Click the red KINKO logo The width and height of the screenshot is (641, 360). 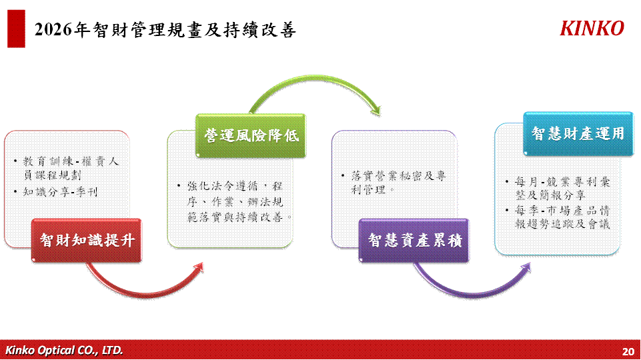(592, 29)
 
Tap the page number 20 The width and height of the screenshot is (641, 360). (628, 351)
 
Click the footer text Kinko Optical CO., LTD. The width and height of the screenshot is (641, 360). (64, 350)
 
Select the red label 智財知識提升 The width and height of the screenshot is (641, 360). (87, 240)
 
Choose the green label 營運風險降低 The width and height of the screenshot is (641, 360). (251, 135)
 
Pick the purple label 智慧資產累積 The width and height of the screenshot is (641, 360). (414, 240)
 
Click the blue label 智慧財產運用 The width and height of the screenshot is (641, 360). (578, 133)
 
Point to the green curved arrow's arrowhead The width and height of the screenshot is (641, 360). (377, 111)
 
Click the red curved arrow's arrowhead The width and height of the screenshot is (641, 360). (199, 267)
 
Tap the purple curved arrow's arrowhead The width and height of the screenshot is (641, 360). (526, 268)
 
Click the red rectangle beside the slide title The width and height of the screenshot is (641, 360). (17, 29)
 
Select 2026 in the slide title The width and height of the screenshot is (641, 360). (51, 30)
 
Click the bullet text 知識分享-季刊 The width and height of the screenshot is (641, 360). (61, 192)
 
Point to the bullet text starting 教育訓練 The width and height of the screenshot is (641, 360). (71, 168)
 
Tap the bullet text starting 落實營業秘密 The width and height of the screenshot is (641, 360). (398, 183)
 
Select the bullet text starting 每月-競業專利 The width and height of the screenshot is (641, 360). (562, 189)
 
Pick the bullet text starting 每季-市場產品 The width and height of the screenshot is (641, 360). (562, 217)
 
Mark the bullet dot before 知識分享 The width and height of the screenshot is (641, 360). (15, 191)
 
